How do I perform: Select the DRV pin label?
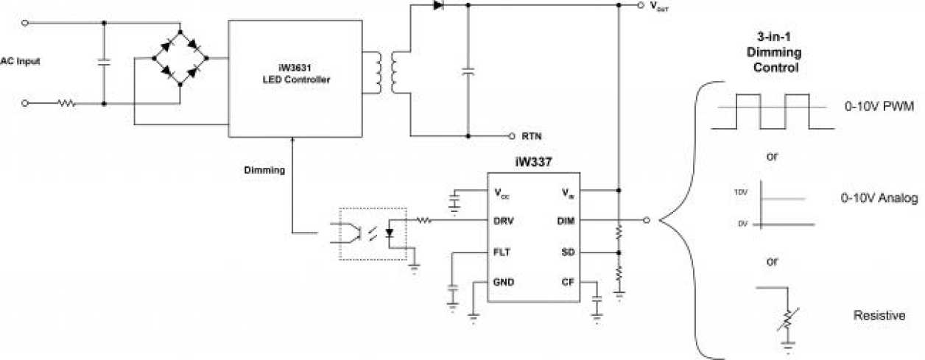504,220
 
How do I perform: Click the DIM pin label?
567,220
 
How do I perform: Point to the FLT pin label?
503,252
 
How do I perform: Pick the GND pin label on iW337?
504,282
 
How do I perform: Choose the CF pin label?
569,282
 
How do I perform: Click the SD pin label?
569,252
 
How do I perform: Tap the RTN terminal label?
532,136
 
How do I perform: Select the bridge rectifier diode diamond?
180,58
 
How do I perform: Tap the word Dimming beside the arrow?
265,170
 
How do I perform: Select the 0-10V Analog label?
879,199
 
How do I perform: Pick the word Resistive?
879,316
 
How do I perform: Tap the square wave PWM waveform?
773,111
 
